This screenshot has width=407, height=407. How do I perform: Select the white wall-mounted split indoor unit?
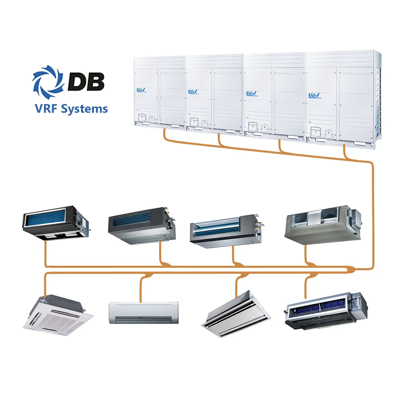[144, 312]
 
